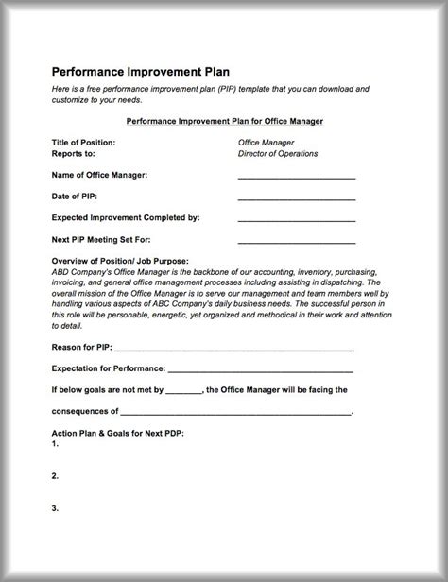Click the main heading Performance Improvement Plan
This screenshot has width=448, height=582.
pos(140,71)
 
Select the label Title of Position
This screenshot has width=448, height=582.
pos(84,143)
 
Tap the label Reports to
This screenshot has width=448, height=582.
pos(75,153)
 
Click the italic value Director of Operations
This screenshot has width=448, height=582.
pos(278,153)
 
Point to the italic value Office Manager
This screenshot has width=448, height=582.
pos(266,143)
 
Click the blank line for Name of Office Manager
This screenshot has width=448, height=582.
pos(296,177)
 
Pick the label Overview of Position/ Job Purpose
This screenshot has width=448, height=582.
pos(120,261)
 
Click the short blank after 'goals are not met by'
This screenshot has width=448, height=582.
pos(184,390)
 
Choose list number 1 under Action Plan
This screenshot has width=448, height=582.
pos(56,443)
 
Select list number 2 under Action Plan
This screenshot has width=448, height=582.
pos(56,475)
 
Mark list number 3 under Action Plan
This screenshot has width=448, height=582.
pos(56,507)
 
